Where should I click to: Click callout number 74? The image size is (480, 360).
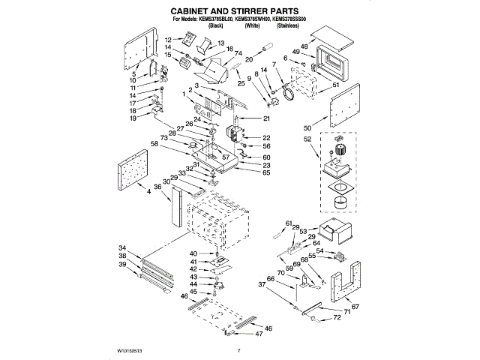coord(238,54)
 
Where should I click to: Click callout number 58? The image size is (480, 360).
coord(154,143)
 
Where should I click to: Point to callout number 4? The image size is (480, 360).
coord(148,193)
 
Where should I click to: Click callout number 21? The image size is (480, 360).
coord(265,119)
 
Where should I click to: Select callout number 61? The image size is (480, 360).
coord(288,223)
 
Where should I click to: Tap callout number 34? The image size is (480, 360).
coord(122,248)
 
